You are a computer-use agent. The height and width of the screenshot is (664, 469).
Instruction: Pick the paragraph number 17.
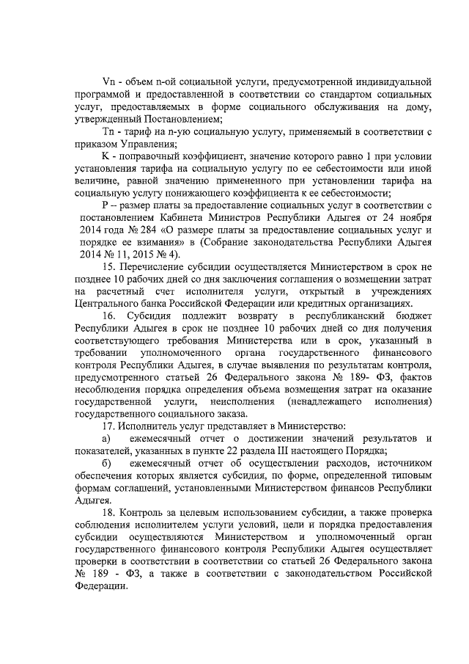111,426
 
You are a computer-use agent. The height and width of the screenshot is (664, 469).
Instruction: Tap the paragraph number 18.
111,508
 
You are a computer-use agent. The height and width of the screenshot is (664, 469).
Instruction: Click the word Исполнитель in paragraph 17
153,426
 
